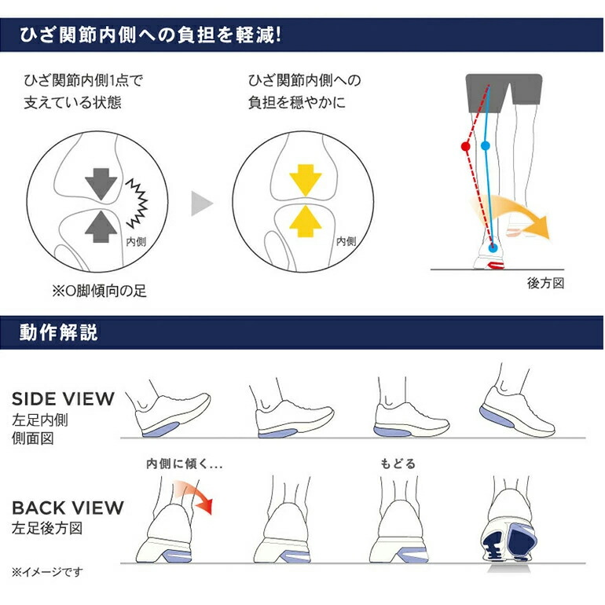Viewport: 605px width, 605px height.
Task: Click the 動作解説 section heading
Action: click(x=59, y=332)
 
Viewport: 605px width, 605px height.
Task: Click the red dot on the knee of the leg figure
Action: click(x=465, y=146)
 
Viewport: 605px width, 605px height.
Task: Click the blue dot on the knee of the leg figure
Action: click(x=485, y=146)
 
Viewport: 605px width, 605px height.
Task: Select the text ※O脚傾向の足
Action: click(x=99, y=291)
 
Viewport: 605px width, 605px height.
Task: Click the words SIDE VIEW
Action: click(x=63, y=398)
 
